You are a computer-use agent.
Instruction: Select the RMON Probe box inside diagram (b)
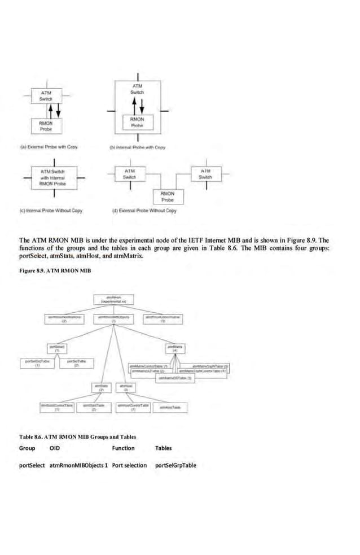point(137,123)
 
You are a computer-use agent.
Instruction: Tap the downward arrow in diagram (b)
point(142,106)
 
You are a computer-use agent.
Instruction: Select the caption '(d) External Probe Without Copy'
point(145,211)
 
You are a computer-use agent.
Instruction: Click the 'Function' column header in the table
point(123,448)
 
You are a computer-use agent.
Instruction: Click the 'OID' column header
point(55,448)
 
